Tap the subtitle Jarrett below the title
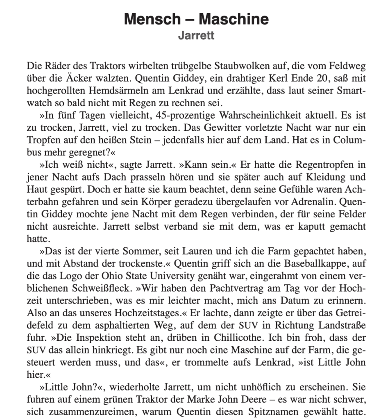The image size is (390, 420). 196,36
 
